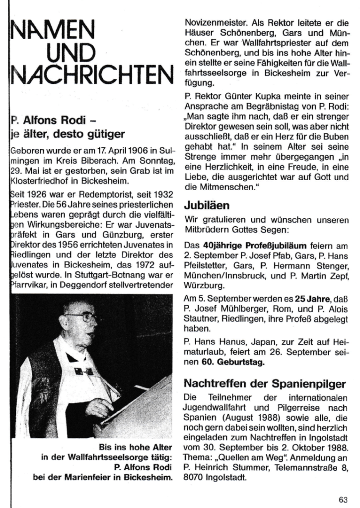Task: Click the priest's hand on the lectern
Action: pos(100,407)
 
